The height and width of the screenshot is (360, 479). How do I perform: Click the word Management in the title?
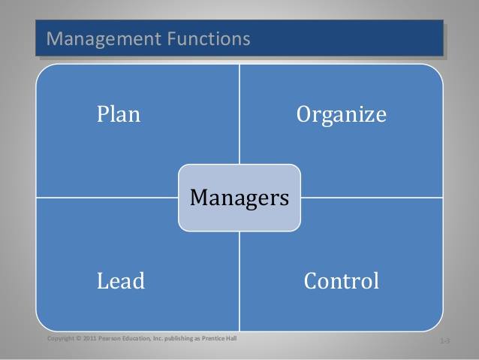click(x=104, y=39)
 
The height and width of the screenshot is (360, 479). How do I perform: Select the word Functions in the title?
click(x=209, y=38)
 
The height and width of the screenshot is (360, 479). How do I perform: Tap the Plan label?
click(x=119, y=114)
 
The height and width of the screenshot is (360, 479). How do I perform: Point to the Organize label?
click(x=341, y=115)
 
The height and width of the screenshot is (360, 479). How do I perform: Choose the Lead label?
click(x=121, y=281)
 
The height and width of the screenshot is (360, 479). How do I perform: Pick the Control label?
click(x=341, y=281)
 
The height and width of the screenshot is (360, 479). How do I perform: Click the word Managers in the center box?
click(x=239, y=198)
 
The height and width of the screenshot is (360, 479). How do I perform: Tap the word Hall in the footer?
click(x=232, y=338)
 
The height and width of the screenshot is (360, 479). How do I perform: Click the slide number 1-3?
click(x=444, y=340)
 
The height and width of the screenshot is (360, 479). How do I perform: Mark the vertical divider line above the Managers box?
click(x=239, y=114)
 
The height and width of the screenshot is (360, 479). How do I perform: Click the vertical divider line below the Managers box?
click(x=239, y=281)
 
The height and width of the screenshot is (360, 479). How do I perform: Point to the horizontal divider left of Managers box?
click(x=107, y=198)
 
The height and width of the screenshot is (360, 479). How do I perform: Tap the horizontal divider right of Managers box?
click(x=372, y=198)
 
